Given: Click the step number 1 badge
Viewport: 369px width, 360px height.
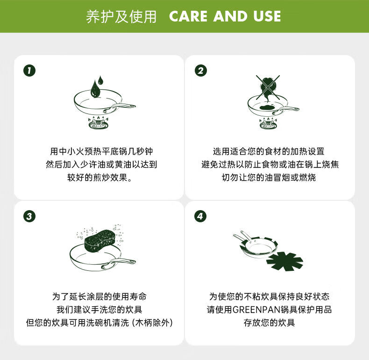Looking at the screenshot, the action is pyautogui.click(x=29, y=71).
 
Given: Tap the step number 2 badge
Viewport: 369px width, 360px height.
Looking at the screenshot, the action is pyautogui.click(x=201, y=71).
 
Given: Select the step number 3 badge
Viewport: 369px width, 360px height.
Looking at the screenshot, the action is pyautogui.click(x=29, y=216).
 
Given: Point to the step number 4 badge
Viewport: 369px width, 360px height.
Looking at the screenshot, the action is pyautogui.click(x=200, y=216).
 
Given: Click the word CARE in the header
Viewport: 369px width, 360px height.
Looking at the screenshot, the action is pyautogui.click(x=188, y=16).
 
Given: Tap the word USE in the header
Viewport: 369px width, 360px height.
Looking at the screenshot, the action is pyautogui.click(x=267, y=16).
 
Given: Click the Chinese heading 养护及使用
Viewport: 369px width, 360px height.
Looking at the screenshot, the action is pyautogui.click(x=121, y=16).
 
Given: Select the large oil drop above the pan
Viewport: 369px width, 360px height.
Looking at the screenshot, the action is pyautogui.click(x=95, y=89).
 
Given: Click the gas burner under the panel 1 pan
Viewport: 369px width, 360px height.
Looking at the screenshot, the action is pyautogui.click(x=99, y=123).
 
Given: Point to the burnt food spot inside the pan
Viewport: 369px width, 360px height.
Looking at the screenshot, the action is pyautogui.click(x=268, y=107).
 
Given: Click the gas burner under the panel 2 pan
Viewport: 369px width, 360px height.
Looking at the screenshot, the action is pyautogui.click(x=268, y=123).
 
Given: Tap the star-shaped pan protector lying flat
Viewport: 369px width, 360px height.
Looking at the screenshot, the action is pyautogui.click(x=285, y=261).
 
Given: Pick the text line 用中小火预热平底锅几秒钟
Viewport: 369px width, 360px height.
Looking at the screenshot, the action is pyautogui.click(x=101, y=151).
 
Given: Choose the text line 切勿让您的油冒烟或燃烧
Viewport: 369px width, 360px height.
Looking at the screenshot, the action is pyautogui.click(x=269, y=177).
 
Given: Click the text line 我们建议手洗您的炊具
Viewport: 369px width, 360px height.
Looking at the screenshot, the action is pyautogui.click(x=99, y=310).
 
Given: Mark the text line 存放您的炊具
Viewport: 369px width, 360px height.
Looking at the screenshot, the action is pyautogui.click(x=269, y=323).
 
